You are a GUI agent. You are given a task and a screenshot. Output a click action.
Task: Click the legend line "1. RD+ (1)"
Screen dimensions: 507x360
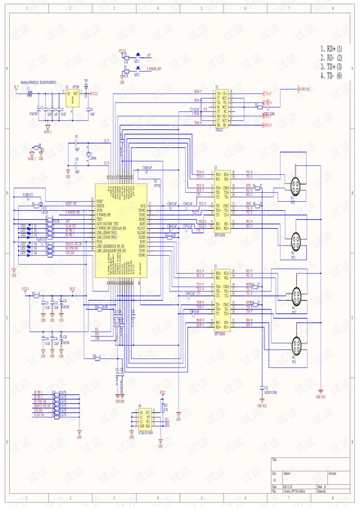(331, 50)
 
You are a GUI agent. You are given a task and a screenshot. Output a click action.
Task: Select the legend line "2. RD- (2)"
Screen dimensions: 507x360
(331, 58)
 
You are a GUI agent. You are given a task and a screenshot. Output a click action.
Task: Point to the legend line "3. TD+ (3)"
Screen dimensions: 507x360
(331, 66)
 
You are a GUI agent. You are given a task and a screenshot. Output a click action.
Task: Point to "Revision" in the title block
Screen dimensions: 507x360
(333, 473)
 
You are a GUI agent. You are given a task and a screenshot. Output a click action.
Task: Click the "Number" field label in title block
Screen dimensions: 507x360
(287, 473)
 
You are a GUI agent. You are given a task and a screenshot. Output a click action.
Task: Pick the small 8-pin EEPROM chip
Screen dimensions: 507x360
(144, 419)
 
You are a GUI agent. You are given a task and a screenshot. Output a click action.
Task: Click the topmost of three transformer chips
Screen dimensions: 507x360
(222, 105)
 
